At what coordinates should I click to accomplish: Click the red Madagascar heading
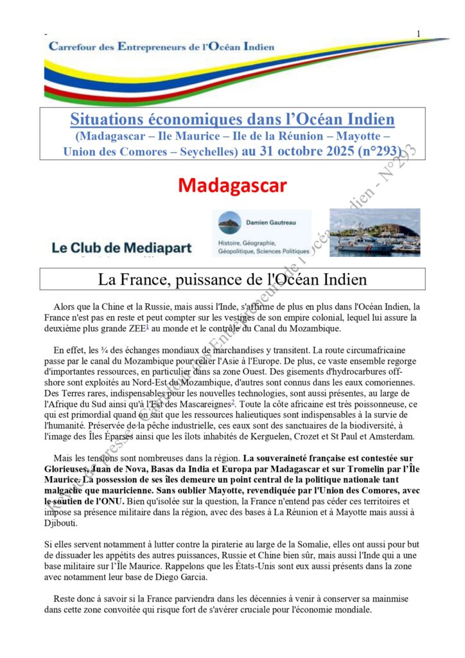click(232, 185)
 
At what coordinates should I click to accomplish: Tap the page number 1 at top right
click(418, 33)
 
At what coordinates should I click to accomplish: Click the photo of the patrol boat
click(374, 232)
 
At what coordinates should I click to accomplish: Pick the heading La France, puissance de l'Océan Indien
click(232, 280)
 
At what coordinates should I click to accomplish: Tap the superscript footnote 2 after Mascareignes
click(232, 402)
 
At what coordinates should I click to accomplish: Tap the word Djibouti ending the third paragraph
click(63, 523)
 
